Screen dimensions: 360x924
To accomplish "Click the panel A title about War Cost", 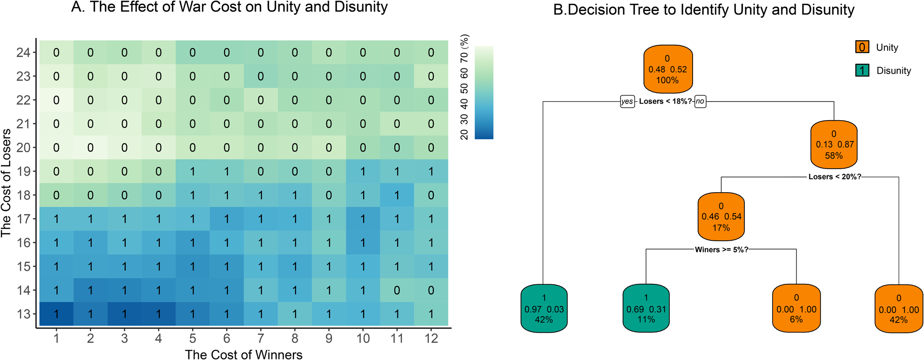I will [x=229, y=7].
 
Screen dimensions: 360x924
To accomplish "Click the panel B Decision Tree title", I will [x=704, y=10].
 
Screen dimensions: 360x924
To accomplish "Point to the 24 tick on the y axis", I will [x=23, y=53].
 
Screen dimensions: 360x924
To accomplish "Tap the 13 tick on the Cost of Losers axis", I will [x=23, y=314].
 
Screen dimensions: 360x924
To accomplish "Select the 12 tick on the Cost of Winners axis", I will [x=431, y=339].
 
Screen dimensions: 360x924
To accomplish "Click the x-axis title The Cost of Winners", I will [x=243, y=354].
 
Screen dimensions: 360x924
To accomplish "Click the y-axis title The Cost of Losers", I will [x=6, y=183].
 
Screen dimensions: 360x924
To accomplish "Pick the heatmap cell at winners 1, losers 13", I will [x=56, y=314].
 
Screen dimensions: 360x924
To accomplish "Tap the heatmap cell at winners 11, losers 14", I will [x=397, y=290].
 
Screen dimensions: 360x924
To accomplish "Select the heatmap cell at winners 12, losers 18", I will [x=431, y=195].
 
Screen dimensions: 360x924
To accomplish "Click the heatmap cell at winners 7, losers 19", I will [x=261, y=171].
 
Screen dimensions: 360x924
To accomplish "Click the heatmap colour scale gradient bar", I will [x=484, y=92].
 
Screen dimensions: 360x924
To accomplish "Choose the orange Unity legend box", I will [x=862, y=47].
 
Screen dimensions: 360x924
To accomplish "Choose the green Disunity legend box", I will [x=862, y=70].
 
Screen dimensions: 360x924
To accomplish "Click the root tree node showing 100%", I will [x=668, y=69].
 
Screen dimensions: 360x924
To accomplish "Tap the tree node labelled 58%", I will [x=833, y=145].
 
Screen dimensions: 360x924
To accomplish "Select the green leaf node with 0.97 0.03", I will [x=544, y=308].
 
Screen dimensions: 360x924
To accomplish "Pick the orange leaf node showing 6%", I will [x=796, y=308].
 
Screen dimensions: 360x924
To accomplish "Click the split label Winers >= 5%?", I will [x=721, y=250].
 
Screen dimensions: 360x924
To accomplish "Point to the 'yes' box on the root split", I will [x=627, y=102].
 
